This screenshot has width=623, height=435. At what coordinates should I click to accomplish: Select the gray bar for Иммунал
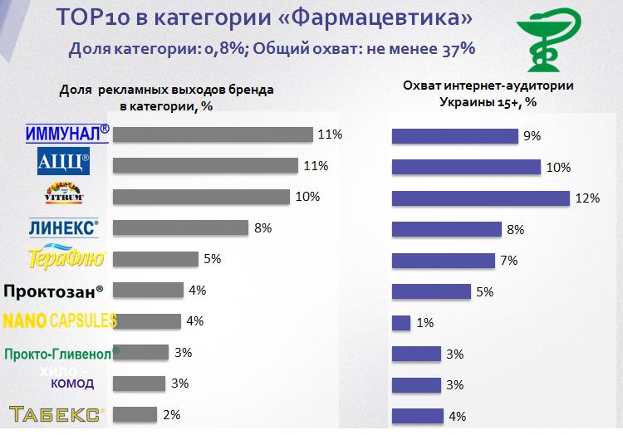tap(212, 134)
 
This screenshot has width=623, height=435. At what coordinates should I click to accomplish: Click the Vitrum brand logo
tap(63, 193)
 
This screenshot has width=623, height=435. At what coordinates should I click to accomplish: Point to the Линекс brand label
tap(64, 226)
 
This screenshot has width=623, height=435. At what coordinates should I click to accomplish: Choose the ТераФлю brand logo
tap(66, 258)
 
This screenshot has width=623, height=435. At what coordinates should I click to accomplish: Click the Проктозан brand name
tap(54, 291)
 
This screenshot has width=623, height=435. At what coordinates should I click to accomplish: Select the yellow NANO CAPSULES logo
tap(60, 320)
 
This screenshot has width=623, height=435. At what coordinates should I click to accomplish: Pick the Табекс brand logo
tap(56, 414)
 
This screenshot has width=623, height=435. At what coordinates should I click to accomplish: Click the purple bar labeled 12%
tap(480, 198)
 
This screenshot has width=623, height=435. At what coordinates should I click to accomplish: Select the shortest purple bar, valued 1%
tap(400, 322)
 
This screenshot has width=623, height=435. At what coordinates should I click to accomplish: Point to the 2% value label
tap(172, 414)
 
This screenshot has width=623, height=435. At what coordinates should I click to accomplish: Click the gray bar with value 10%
tap(200, 197)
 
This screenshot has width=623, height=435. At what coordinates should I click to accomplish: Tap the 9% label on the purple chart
tap(532, 135)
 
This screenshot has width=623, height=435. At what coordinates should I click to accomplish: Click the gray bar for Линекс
tap(180, 227)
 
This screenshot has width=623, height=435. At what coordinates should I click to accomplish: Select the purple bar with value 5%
tap(430, 291)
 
